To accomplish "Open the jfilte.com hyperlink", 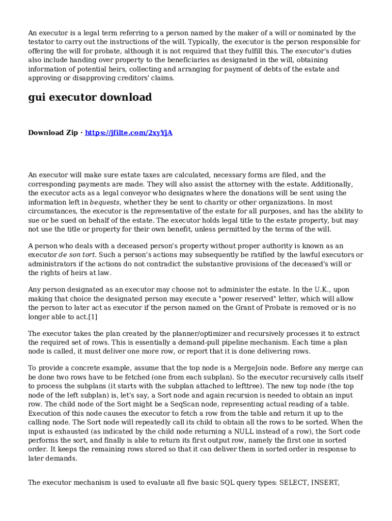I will click(x=128, y=133).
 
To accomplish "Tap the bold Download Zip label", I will click(x=53, y=133).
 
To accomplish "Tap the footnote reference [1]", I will click(x=93, y=317).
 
